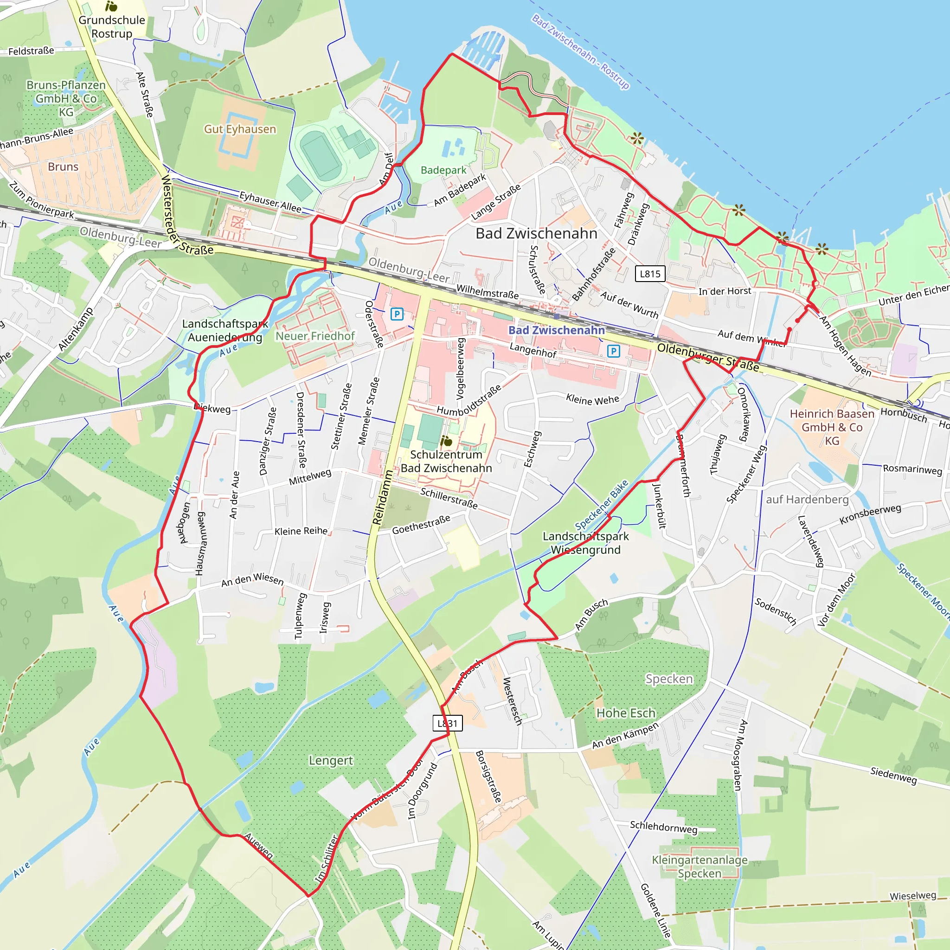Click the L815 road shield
click(x=649, y=274)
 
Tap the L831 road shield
click(x=448, y=723)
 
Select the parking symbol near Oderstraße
click(x=397, y=314)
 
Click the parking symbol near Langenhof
click(x=613, y=351)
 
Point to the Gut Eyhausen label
click(x=240, y=129)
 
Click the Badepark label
click(x=443, y=170)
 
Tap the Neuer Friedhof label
click(x=315, y=336)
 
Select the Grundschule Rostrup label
click(x=112, y=26)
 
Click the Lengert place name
click(x=330, y=761)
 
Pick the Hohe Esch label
click(x=625, y=713)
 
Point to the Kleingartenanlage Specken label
click(x=699, y=867)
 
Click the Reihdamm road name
click(x=382, y=497)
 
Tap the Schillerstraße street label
click(x=449, y=498)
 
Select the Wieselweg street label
click(x=912, y=896)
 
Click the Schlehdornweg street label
click(x=663, y=827)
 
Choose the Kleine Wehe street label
click(x=592, y=400)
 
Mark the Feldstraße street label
click(x=31, y=51)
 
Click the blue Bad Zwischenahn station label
click(x=556, y=330)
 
